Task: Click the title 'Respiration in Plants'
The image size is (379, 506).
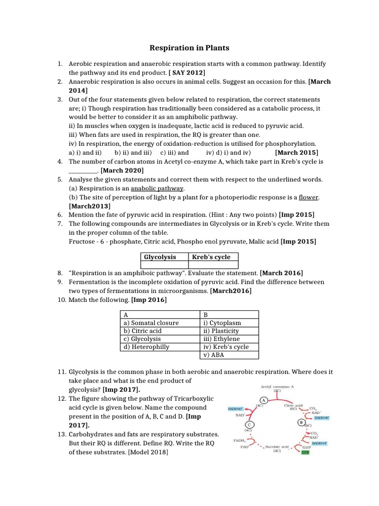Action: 189,48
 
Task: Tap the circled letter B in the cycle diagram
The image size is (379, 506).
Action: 301,422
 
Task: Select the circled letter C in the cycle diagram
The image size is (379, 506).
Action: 250,424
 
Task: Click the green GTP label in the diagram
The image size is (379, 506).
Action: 305,452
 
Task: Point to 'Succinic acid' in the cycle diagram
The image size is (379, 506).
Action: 277,446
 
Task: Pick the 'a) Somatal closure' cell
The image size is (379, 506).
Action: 151,323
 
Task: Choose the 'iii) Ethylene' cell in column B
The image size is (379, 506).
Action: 222,338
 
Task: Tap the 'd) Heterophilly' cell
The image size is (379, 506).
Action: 147,346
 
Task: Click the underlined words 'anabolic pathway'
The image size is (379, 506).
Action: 157,188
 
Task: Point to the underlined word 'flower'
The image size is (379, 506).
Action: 308,197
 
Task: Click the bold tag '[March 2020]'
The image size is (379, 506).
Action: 122,170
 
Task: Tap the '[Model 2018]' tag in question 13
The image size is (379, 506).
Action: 148,452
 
